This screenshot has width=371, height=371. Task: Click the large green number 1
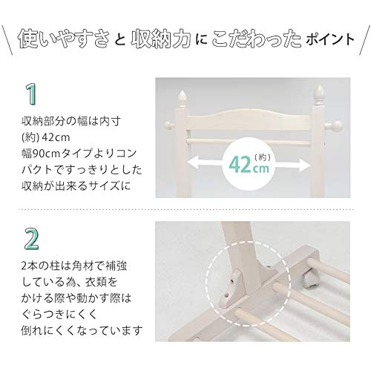tap(32, 94)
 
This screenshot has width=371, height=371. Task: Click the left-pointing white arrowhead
tap(192, 162)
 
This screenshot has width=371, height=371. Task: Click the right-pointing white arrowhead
tap(304, 165)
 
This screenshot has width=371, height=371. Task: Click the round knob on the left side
tap(169, 125)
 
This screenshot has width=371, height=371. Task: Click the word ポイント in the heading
tap(329, 39)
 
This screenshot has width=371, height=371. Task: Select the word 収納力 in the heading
tap(161, 39)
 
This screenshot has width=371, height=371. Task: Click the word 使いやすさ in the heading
tap(64, 39)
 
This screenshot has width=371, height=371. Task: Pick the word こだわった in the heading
tap(257, 39)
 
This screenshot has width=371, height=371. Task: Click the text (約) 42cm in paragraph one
tap(46, 137)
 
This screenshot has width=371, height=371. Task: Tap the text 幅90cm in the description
tap(41, 154)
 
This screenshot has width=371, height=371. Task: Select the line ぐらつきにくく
tap(59, 315)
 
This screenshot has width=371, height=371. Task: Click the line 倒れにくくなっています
tap(82, 331)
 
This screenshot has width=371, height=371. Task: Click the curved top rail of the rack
tap(250, 120)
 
